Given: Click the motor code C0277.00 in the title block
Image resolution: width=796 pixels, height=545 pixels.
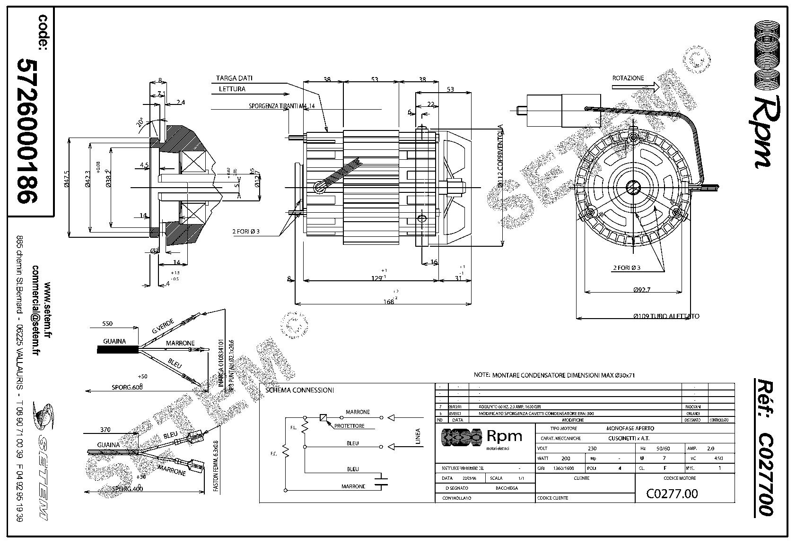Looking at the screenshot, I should (x=672, y=494).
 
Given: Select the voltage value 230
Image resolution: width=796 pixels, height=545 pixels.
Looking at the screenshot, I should (x=592, y=448).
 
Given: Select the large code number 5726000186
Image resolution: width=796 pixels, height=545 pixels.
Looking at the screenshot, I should (x=27, y=131).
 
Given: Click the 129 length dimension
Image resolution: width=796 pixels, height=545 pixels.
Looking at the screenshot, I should (x=376, y=278).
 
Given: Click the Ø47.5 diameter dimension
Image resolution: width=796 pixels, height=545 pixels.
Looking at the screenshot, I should (x=67, y=181).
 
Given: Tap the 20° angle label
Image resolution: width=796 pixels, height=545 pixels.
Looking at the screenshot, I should (x=140, y=122).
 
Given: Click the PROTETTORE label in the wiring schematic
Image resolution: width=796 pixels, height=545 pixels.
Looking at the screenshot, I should (x=349, y=426).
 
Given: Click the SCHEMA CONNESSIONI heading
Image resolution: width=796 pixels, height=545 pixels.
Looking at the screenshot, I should (x=300, y=390).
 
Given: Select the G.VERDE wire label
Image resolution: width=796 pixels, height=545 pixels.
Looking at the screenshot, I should (x=163, y=326).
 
